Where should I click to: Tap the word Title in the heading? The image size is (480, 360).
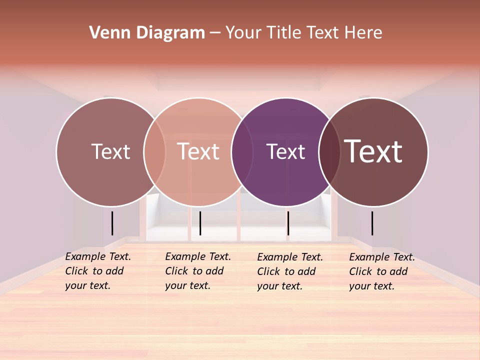[284, 32]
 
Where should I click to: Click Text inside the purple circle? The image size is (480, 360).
[285, 151]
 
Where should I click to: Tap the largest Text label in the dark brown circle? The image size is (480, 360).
[373, 151]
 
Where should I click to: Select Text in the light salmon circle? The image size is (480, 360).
[198, 151]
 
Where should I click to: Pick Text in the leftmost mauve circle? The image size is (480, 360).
[110, 151]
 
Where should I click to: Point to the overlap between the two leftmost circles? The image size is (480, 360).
[154, 152]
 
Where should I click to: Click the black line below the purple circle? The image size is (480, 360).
[288, 223]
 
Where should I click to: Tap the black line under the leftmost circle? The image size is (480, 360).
[112, 223]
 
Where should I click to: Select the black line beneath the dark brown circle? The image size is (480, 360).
[372, 223]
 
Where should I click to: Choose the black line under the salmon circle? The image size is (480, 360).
[200, 223]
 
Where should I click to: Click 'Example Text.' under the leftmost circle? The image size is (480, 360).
[98, 256]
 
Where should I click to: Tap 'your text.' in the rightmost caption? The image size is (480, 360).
[371, 286]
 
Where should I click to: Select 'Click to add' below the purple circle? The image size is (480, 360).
[286, 271]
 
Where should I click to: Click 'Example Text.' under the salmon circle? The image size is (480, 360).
[198, 256]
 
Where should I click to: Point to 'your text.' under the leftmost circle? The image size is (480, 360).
[87, 286]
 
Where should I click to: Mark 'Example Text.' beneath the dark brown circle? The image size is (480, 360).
[382, 257]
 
